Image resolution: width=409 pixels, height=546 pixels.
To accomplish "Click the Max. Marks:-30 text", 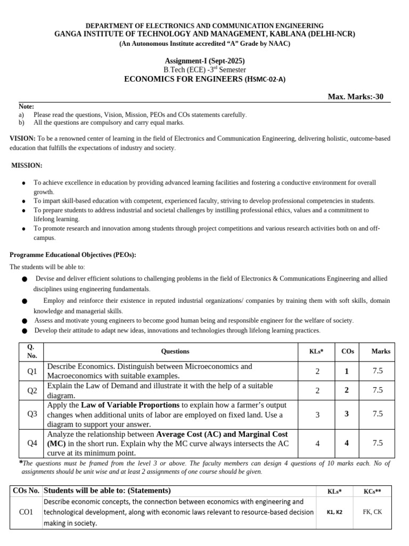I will tap(355, 97).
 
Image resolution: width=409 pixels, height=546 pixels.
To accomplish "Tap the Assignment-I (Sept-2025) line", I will tap(204, 61).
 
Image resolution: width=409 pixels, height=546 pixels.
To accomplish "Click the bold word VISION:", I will tap(22, 139).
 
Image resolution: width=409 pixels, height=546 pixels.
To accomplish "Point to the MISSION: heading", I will tap(27, 166).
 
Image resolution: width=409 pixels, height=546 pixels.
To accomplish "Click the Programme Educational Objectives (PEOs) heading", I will tap(73, 255).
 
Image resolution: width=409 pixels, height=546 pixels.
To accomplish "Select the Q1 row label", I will tap(32, 371).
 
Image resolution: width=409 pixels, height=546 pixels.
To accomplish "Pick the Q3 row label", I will tap(32, 414).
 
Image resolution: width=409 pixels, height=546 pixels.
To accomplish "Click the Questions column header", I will tap(175, 351).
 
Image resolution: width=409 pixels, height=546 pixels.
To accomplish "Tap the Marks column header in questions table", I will tap(381, 351).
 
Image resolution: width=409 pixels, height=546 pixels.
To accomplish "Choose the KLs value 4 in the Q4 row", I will tap(317, 443).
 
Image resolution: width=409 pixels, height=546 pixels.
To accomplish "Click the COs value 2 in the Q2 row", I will tap(347, 390).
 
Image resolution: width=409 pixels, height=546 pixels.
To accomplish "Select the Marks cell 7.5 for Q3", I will tap(378, 414).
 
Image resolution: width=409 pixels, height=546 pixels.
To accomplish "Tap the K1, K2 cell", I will tap(334, 512).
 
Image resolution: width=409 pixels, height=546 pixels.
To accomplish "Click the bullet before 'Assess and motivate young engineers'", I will tap(24, 321).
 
